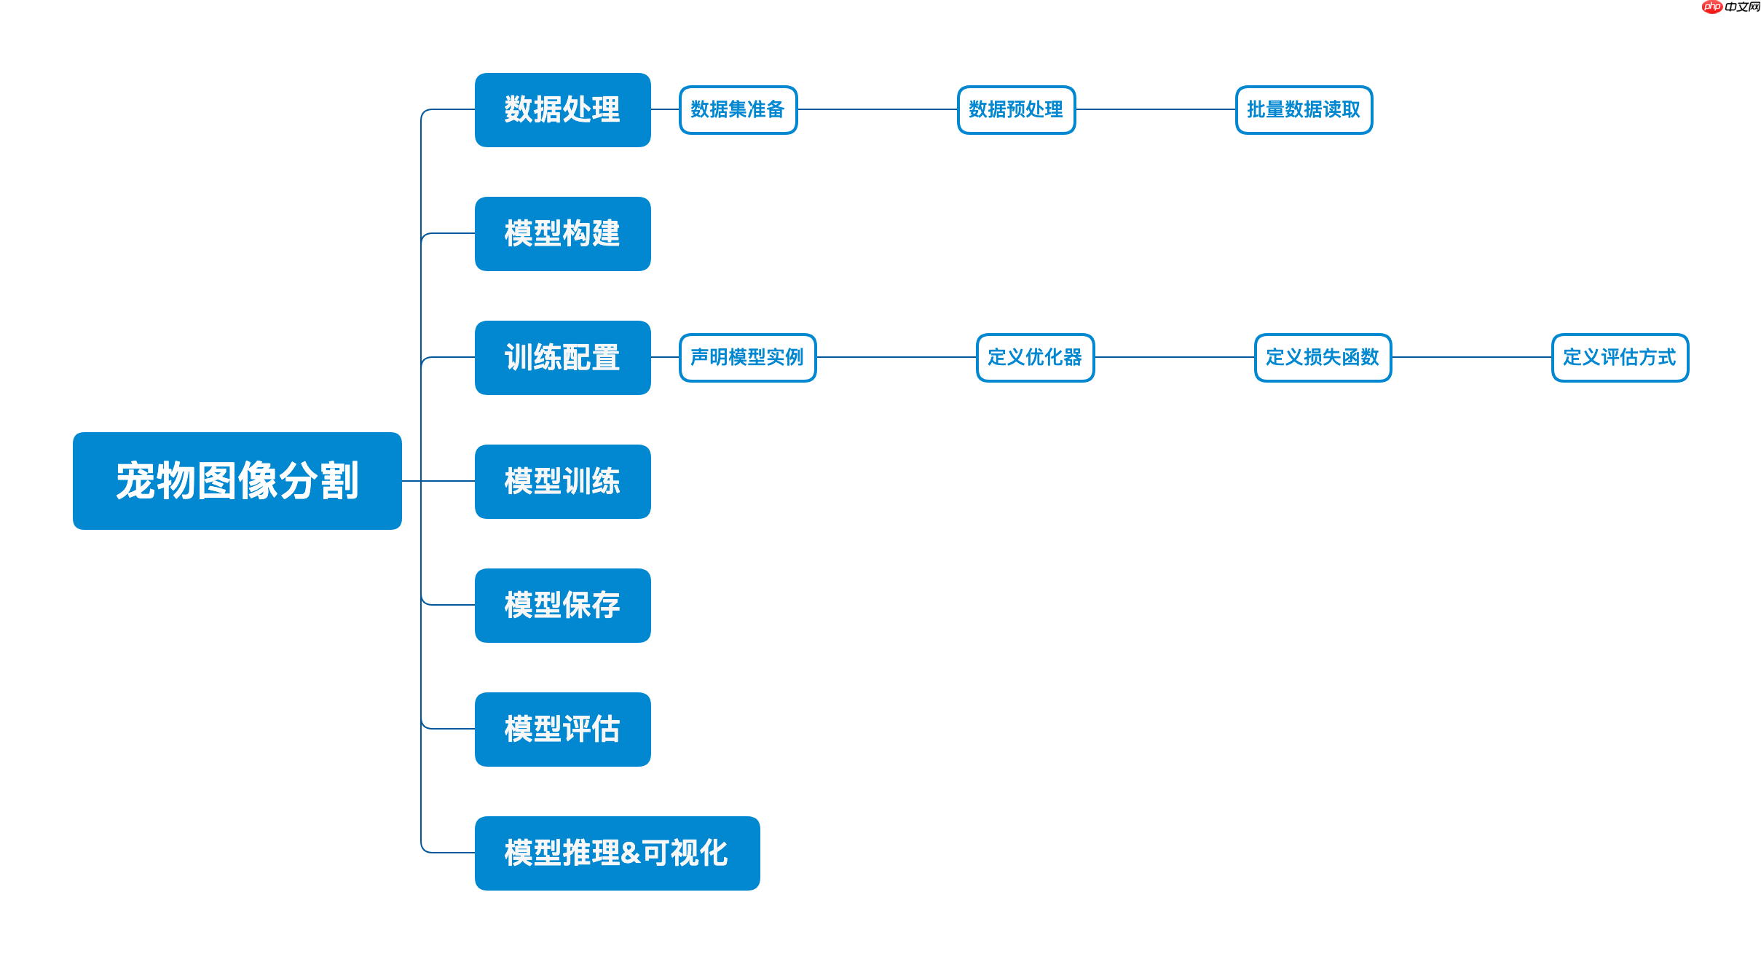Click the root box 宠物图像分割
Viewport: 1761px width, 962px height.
(237, 481)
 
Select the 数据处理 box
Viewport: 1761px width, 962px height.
(562, 110)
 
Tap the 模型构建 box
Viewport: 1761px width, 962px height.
(562, 234)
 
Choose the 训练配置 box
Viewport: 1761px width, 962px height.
(562, 358)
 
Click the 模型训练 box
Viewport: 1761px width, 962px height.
(562, 482)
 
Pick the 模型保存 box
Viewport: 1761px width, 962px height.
(562, 606)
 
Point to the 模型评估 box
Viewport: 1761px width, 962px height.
(562, 730)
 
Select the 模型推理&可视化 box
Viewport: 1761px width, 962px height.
(617, 853)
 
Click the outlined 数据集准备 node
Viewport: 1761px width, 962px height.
(738, 110)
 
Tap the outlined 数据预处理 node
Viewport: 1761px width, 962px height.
(1016, 110)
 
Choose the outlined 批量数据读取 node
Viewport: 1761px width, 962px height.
(1304, 110)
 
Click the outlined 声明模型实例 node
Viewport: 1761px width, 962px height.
(747, 358)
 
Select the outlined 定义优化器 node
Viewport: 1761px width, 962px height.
(1035, 358)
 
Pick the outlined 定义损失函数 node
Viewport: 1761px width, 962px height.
(1323, 358)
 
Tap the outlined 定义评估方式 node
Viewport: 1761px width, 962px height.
(1620, 358)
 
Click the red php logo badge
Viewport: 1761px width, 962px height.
(1712, 7)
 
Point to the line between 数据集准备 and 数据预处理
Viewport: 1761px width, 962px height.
(878, 109)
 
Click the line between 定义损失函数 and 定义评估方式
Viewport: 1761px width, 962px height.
(1471, 357)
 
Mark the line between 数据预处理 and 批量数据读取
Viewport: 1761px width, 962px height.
(1156, 109)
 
